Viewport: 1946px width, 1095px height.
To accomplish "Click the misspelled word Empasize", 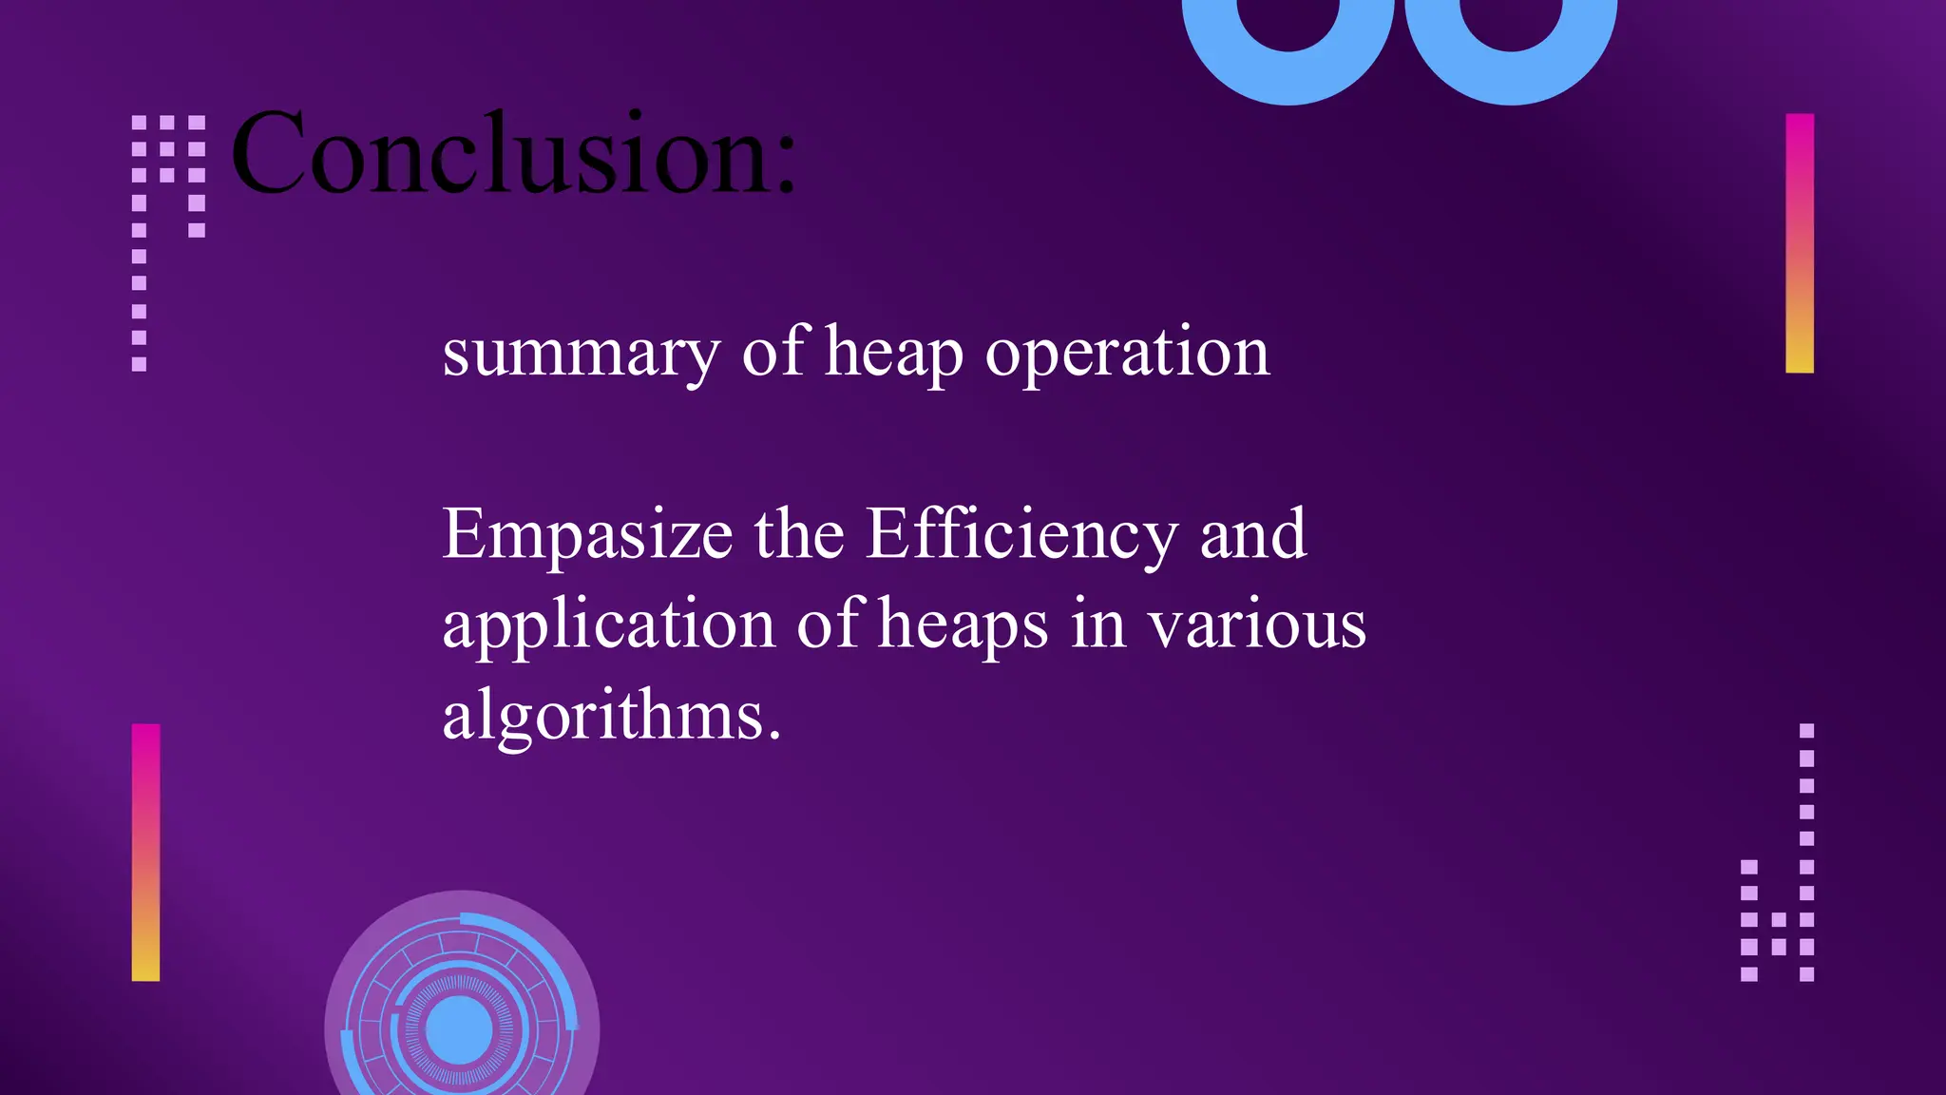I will click(587, 536).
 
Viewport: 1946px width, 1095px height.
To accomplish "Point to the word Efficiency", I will click(1021, 536).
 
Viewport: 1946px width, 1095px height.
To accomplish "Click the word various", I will click(1256, 625).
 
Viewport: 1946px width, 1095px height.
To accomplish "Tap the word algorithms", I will click(603, 717).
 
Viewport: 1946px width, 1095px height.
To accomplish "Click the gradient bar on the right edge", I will click(1800, 243).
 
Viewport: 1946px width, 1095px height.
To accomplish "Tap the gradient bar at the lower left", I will click(145, 852).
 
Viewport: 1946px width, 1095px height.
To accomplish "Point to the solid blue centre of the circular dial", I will click(460, 1029).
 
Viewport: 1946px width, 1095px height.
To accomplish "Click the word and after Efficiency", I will click(1253, 534).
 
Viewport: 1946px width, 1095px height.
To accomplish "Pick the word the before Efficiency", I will click(799, 534).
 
